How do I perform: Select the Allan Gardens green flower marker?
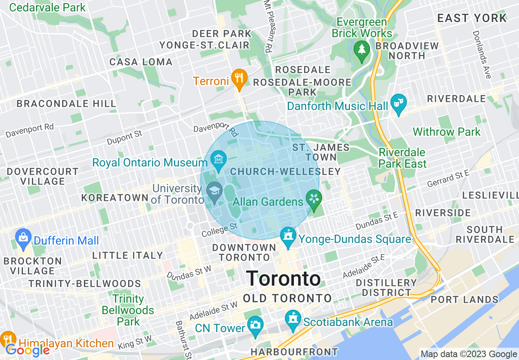click(314, 200)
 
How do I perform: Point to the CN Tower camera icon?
click(255, 325)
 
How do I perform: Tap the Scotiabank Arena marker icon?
click(293, 319)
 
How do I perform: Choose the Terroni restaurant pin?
click(238, 79)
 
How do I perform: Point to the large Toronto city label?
click(283, 279)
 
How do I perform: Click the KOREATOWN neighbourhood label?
click(115, 198)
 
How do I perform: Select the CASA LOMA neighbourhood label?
click(141, 62)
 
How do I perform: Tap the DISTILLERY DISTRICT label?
click(386, 288)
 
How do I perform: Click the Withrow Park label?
click(447, 132)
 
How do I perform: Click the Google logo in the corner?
click(27, 350)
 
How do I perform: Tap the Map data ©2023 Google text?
click(469, 354)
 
